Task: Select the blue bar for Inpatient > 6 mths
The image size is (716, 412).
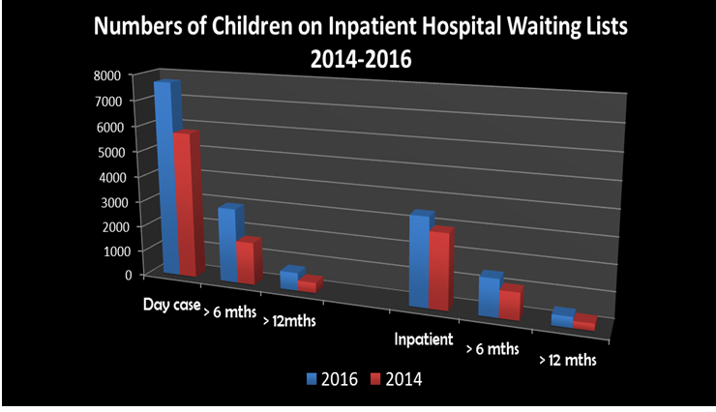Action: tap(489, 296)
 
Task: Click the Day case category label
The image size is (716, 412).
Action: tap(171, 306)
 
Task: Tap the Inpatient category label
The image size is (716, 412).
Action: tap(424, 339)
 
